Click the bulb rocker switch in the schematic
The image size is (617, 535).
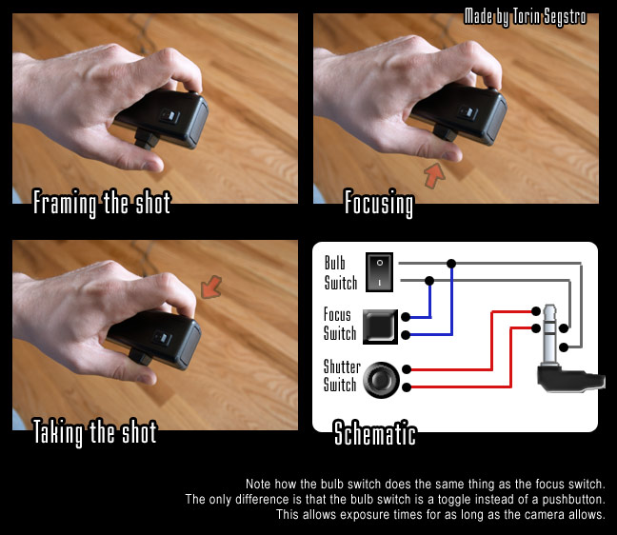(379, 272)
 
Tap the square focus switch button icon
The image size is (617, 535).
(380, 327)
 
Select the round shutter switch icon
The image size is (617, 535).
(381, 380)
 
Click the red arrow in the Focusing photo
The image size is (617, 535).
(434, 175)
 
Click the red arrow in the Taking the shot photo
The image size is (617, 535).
(211, 287)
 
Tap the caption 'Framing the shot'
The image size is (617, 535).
(102, 203)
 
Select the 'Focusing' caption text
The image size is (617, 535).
(379, 203)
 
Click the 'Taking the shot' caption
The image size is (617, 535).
(94, 432)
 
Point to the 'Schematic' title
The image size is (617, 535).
(375, 432)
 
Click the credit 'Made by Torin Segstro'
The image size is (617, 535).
(526, 17)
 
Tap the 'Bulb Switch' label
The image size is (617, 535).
(340, 272)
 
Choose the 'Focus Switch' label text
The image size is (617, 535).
(340, 324)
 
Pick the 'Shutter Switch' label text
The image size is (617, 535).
(342, 376)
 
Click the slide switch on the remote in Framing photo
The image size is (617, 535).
(169, 116)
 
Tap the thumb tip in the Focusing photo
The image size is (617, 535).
(451, 155)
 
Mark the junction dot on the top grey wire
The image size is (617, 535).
(451, 263)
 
